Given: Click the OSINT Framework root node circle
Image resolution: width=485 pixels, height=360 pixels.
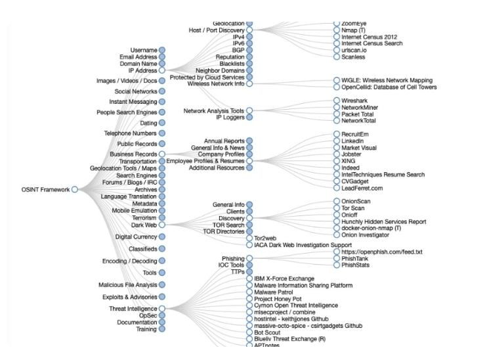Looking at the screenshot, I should point(75,190).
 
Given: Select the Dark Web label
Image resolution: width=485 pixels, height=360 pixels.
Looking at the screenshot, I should point(144,225).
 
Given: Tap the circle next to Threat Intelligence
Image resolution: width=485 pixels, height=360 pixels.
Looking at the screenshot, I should point(161,308).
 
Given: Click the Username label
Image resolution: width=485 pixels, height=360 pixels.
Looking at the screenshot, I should point(144,50).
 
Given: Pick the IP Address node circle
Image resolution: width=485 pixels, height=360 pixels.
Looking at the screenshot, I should point(161,70).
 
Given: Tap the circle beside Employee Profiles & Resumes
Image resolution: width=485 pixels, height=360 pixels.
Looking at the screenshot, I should point(249,161).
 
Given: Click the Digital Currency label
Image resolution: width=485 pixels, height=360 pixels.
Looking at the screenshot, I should point(136,236).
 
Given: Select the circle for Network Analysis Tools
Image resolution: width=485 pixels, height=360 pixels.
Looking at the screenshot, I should point(249,110).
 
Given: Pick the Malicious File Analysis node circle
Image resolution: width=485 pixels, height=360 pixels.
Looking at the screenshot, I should point(161,284).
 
